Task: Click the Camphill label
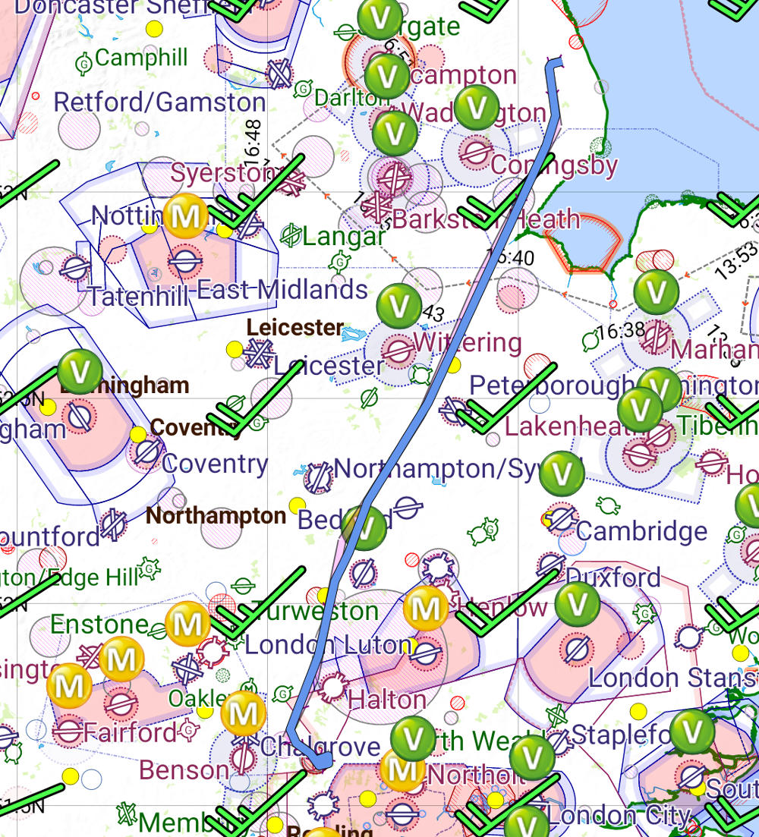pyautogui.click(x=142, y=58)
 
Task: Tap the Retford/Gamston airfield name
pyautogui.click(x=160, y=102)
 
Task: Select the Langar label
pyautogui.click(x=343, y=237)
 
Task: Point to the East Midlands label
pyautogui.click(x=282, y=289)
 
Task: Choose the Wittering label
pyautogui.click(x=467, y=343)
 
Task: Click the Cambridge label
pyautogui.click(x=641, y=530)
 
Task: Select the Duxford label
pyautogui.click(x=613, y=577)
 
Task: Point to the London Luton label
pyautogui.click(x=328, y=645)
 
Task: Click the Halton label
pyautogui.click(x=386, y=699)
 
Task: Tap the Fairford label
pyautogui.click(x=130, y=732)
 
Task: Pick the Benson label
pyautogui.click(x=184, y=769)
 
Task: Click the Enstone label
pyautogui.click(x=99, y=625)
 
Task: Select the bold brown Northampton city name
pyautogui.click(x=216, y=516)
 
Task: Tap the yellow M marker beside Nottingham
pyautogui.click(x=185, y=216)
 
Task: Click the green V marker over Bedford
pyautogui.click(x=364, y=529)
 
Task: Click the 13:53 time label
pyautogui.click(x=735, y=258)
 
